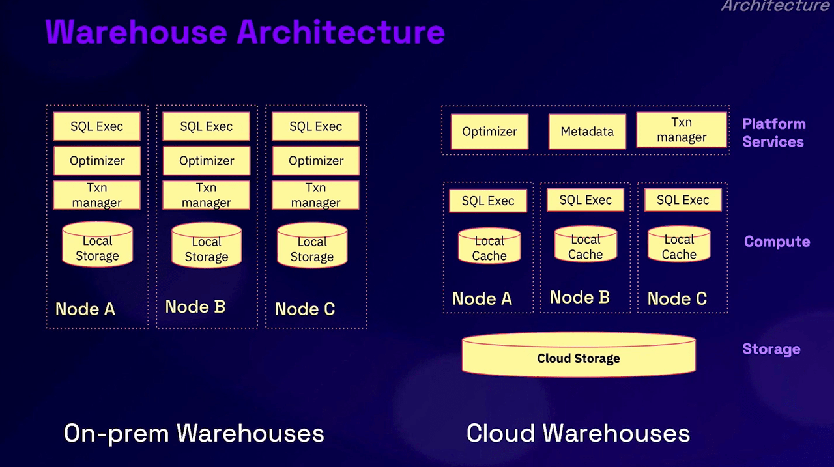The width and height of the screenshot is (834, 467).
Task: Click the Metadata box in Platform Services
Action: point(587,132)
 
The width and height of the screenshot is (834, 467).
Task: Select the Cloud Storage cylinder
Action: point(579,354)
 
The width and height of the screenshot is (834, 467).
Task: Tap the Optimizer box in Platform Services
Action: point(489,132)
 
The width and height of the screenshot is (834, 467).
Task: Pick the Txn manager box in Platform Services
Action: point(682,130)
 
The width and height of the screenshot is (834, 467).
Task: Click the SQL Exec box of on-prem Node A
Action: point(97,126)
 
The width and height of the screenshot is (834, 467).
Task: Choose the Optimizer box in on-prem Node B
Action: point(207,161)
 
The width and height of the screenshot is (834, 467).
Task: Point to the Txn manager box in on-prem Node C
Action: point(316,195)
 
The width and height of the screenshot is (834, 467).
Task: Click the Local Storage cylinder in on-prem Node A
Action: point(97,244)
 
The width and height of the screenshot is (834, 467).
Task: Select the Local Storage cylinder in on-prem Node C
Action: point(312,245)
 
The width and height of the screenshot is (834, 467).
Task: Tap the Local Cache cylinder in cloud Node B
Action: point(585,244)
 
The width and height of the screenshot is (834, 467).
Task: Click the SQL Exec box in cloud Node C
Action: point(683,200)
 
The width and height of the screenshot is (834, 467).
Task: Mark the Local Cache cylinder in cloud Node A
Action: point(489,245)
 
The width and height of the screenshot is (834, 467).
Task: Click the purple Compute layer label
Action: point(777,242)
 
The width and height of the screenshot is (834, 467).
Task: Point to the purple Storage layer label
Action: point(771,349)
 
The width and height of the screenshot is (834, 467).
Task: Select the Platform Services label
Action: point(774,133)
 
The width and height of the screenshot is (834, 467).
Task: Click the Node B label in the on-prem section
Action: point(195,307)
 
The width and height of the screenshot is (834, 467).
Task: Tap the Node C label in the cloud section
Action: point(677,298)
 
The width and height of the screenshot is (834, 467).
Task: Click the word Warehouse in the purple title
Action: point(136,32)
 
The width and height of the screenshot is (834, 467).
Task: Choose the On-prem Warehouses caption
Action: point(194,433)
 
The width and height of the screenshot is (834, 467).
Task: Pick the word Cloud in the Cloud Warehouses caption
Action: point(500,433)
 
